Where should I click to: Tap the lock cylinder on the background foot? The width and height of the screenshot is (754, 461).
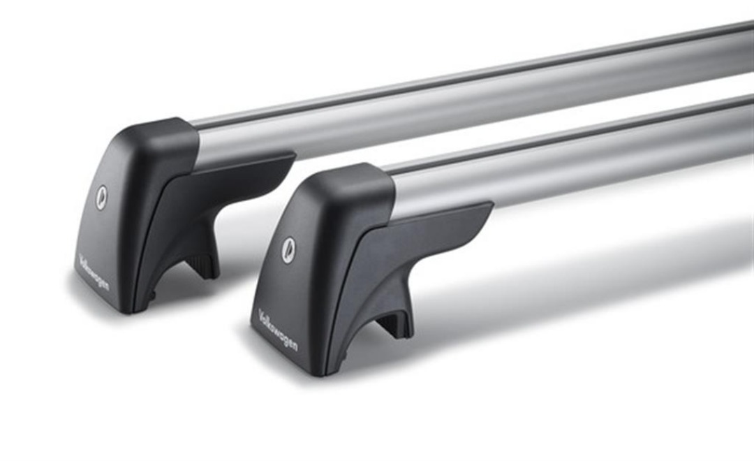(101, 197)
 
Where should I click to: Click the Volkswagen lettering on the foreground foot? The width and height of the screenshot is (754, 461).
(278, 330)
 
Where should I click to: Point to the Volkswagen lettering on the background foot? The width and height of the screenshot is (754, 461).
(94, 272)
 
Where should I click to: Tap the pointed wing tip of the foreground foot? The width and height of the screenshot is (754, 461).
(492, 204)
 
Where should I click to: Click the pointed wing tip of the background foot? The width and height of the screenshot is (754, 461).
(294, 155)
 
